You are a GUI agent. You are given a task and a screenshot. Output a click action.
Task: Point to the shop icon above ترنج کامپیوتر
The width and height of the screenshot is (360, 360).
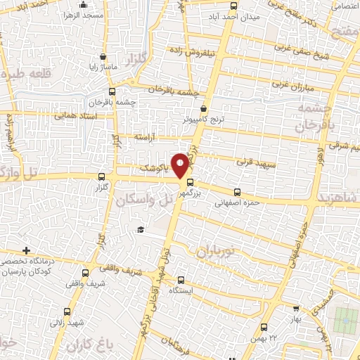(x=204, y=110)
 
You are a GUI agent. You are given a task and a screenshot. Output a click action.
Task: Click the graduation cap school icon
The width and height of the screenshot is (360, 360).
(x=141, y=229)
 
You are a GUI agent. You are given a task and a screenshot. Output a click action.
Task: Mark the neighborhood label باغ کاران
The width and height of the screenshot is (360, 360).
(x=89, y=347)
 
